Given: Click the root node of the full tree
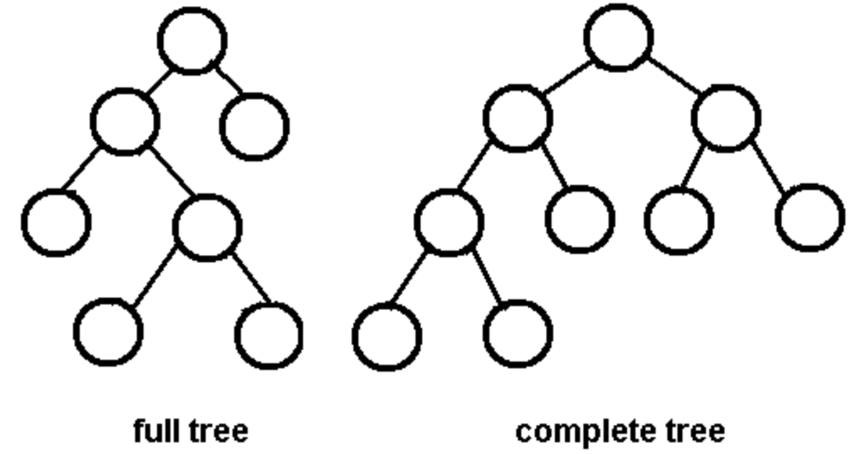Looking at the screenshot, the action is coord(192,40).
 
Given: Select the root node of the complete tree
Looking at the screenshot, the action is coord(619,37).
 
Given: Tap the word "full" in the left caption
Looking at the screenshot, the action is coord(156,431).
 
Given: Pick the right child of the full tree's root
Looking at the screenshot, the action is coord(254,126).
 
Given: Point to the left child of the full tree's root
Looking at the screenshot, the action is coord(124,122).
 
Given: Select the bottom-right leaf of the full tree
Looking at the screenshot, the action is coord(269,335).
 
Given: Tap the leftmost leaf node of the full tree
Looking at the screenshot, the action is coord(55,223).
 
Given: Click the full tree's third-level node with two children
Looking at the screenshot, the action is coord(207,226).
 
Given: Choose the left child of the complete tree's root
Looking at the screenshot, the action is coord(517,118).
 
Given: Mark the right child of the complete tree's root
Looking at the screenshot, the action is coord(726,118).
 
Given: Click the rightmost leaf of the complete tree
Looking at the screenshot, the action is coord(810,218).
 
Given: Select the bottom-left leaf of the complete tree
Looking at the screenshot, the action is coord(386,337).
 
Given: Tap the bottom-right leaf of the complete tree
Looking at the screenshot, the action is coord(518,333).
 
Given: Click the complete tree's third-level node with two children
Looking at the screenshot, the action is coord(448,222).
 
